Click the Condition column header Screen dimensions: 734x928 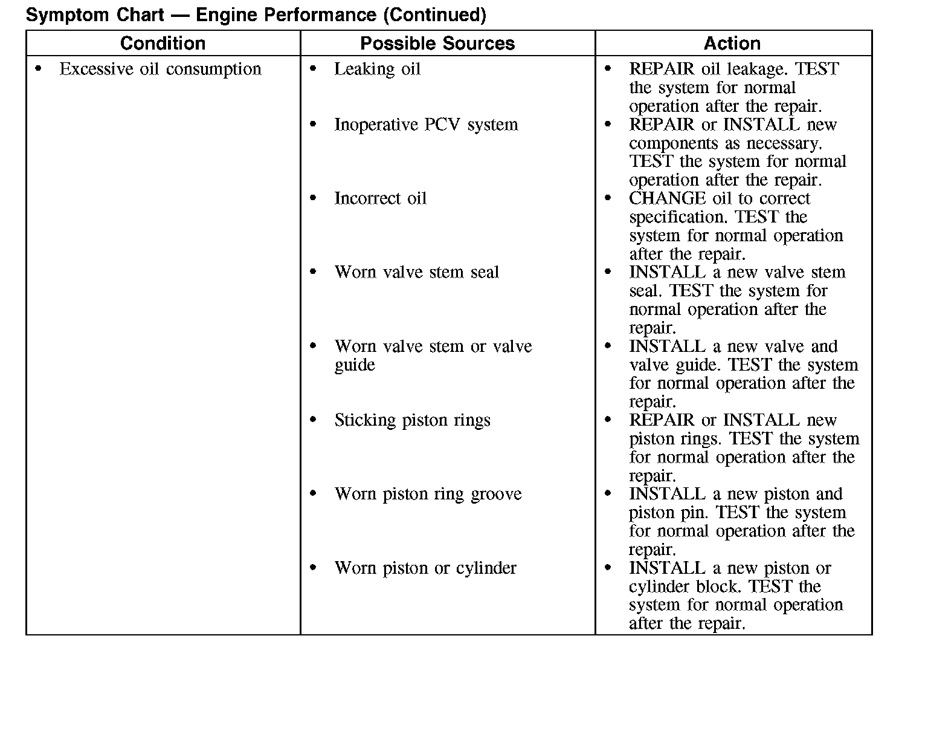[163, 44]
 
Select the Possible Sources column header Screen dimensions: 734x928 [437, 44]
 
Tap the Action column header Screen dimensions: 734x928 [732, 44]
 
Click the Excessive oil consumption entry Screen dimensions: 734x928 [160, 70]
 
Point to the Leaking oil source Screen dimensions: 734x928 [377, 70]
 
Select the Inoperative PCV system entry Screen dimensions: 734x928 [426, 125]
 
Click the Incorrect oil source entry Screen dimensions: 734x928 [380, 199]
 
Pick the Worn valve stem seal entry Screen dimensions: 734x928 [416, 273]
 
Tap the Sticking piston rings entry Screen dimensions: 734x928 [412, 420]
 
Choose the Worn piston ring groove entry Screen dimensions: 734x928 [428, 495]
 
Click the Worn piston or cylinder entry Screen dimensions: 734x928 [425, 568]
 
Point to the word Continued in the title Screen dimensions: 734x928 [434, 15]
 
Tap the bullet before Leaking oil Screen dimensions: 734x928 [313, 70]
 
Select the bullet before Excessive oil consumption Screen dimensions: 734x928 [39, 70]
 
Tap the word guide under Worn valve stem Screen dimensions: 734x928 [355, 365]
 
